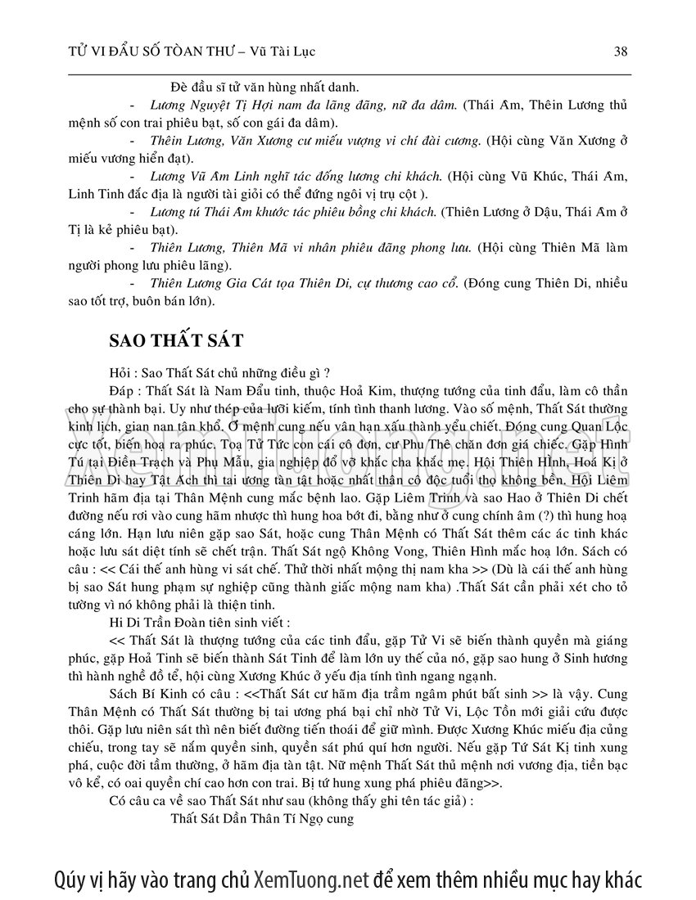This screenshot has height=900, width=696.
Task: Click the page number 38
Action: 620,52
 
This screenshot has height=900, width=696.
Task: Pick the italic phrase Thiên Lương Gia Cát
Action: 211,284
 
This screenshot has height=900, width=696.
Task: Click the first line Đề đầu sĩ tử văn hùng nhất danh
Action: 270,87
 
